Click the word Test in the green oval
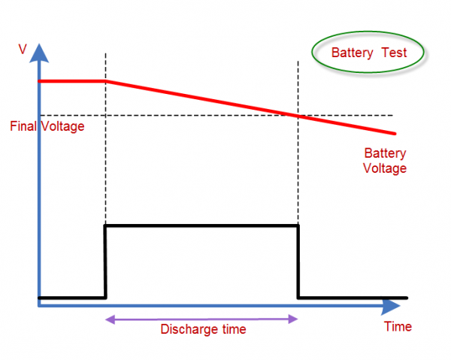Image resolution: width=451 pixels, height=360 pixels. (x=393, y=53)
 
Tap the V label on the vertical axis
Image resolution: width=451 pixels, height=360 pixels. (x=23, y=49)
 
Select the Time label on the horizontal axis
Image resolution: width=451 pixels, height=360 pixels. (x=398, y=327)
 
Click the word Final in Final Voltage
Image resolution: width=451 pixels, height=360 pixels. (x=23, y=126)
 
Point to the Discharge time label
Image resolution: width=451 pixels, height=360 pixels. (x=203, y=329)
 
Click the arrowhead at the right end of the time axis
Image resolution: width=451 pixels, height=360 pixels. (x=392, y=307)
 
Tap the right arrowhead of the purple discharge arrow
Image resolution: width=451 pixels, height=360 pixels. (x=295, y=319)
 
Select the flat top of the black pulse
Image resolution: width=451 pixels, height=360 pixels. (x=201, y=225)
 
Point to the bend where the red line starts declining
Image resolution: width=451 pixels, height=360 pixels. (x=104, y=81)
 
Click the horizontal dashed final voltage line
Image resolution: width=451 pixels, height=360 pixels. (x=188, y=115)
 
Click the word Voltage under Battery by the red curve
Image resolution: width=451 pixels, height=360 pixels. (x=384, y=168)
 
